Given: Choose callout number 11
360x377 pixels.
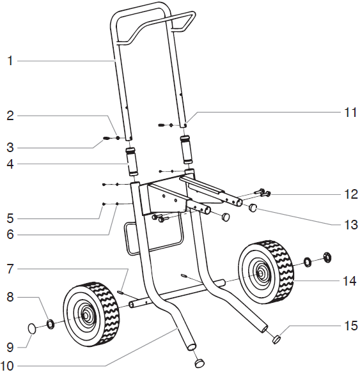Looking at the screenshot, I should coord(349,112).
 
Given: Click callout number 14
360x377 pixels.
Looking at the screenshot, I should coord(349,280).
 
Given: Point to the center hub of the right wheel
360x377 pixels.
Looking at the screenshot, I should coord(262,273).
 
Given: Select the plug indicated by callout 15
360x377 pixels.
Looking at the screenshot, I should coord(278,339).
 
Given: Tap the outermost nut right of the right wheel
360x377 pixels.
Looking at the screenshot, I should coord(327,257).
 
